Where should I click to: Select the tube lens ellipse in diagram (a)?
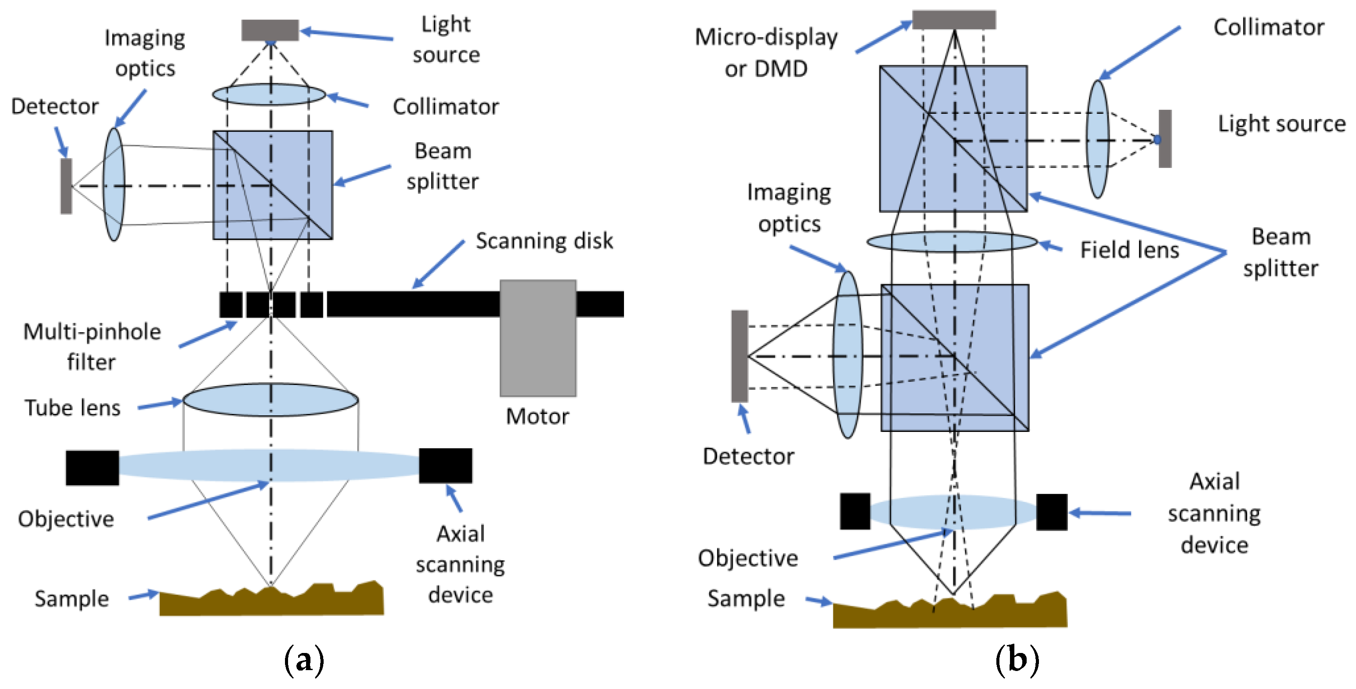point(270,400)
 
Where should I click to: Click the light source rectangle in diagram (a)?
point(270,30)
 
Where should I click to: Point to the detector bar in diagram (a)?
point(66,186)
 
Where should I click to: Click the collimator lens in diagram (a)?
point(269,94)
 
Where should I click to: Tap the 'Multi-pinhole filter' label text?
point(92,347)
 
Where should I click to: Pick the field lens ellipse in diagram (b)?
point(952,242)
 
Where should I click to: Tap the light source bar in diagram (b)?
point(1165,139)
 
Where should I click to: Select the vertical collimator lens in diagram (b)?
point(1097,139)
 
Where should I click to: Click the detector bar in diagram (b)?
point(739,356)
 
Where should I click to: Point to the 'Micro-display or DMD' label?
point(766,53)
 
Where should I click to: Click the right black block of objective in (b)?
point(1051,511)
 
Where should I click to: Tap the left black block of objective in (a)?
point(92,467)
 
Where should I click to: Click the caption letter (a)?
point(304,660)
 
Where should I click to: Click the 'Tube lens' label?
point(72,408)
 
